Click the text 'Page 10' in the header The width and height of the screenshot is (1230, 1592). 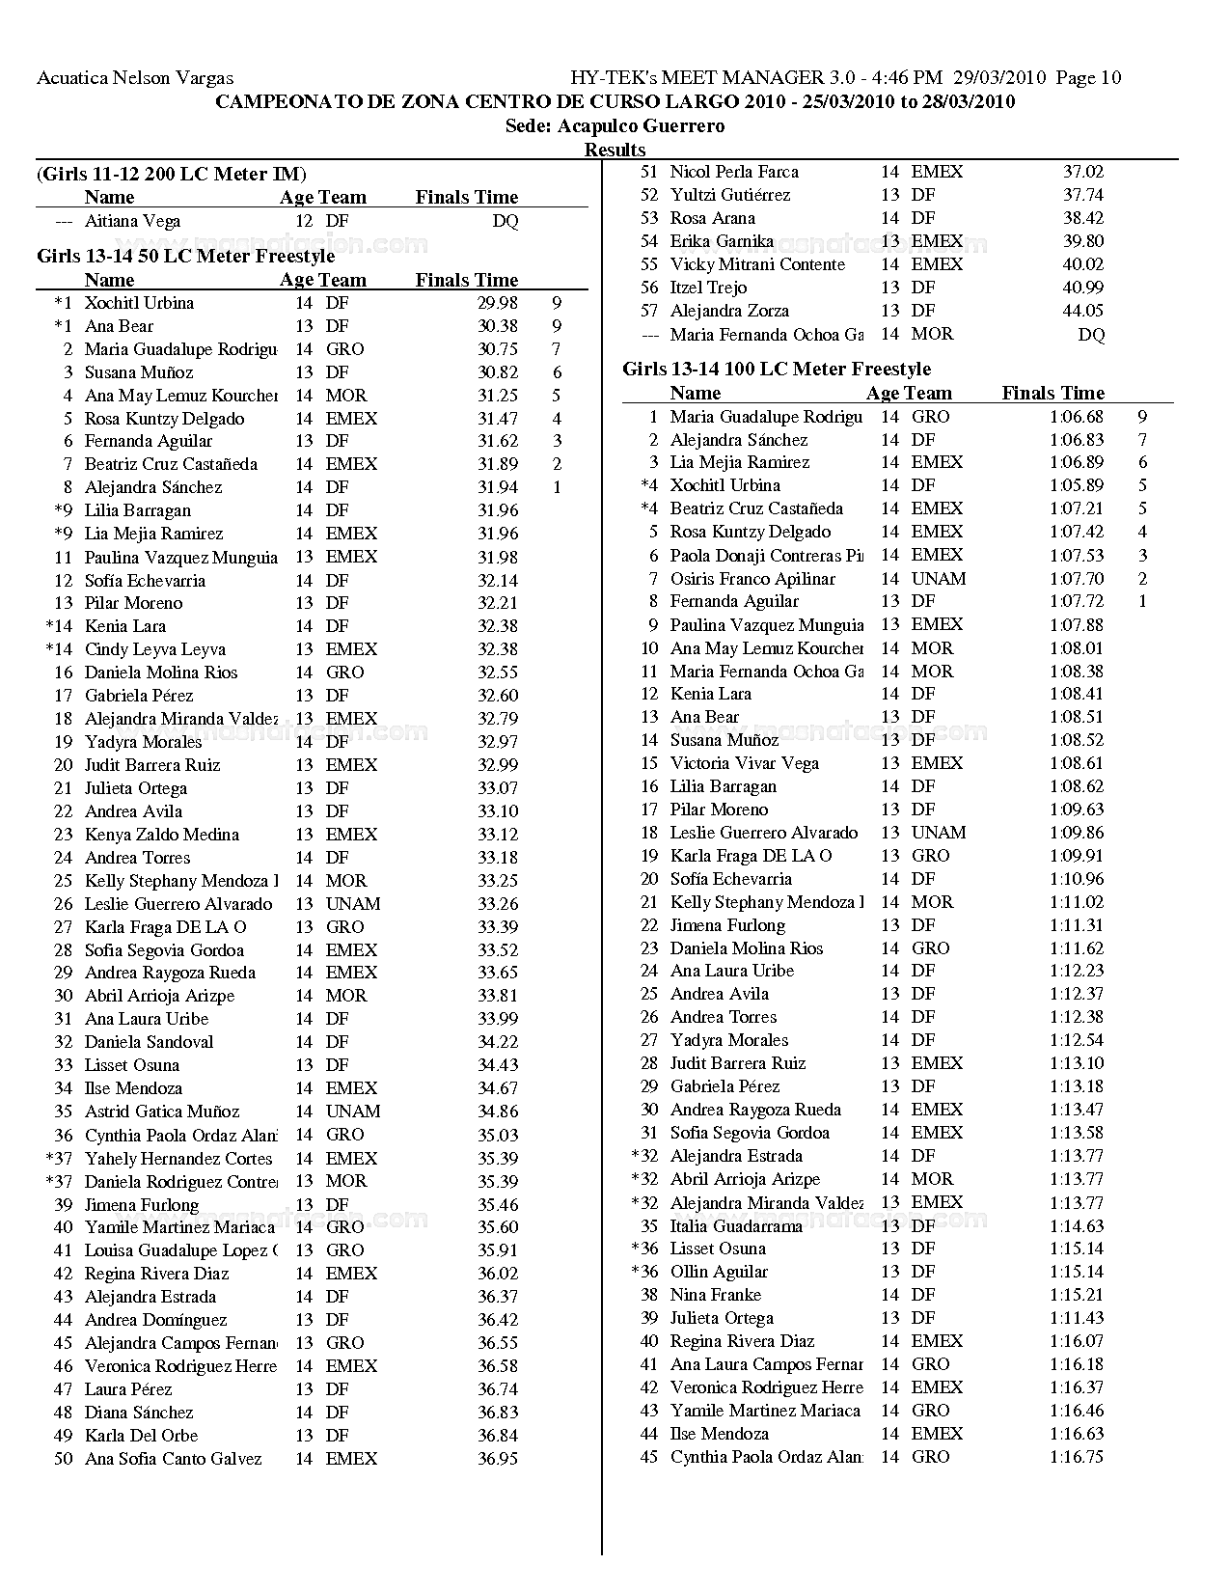[x=1088, y=78]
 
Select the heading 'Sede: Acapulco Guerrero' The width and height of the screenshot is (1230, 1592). [x=615, y=126]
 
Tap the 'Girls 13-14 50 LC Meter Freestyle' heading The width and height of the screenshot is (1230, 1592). [x=185, y=257]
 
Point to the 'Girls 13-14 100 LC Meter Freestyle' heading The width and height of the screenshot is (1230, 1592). [x=777, y=370]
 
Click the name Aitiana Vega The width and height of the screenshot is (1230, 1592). [x=132, y=221]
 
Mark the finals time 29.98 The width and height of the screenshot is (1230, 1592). [x=498, y=303]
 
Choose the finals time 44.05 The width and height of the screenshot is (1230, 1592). [x=1083, y=311]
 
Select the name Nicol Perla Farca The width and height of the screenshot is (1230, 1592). [x=734, y=172]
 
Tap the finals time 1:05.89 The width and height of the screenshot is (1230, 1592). [x=1077, y=485]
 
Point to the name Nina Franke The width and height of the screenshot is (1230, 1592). [x=715, y=1295]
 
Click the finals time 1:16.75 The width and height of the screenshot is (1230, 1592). [x=1077, y=1457]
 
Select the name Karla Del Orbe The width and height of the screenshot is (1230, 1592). [x=141, y=1436]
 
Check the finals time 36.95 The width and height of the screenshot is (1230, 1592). [x=498, y=1459]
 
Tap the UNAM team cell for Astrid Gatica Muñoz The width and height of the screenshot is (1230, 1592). [x=353, y=1112]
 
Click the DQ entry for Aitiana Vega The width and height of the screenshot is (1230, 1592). [x=505, y=221]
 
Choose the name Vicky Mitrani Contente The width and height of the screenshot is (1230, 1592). [x=757, y=264]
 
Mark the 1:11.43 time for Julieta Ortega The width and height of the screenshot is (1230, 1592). [x=1077, y=1318]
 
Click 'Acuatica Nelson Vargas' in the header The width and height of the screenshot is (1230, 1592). [x=135, y=78]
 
